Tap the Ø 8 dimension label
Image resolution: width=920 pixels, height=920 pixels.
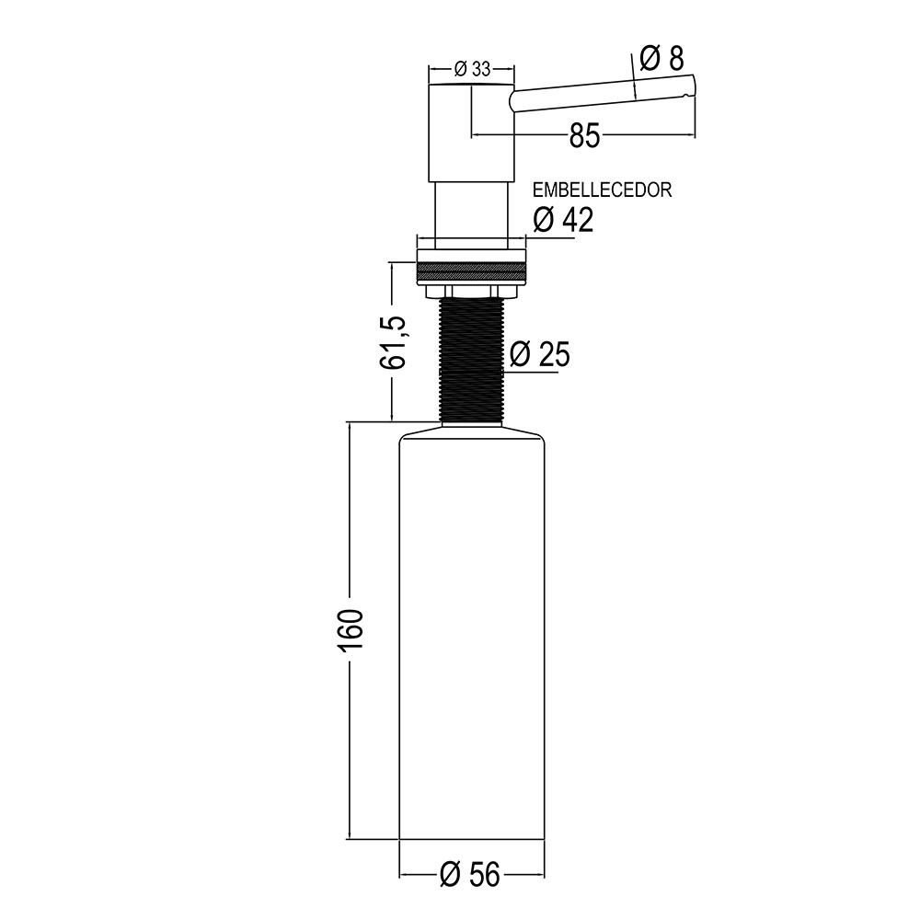[661, 59]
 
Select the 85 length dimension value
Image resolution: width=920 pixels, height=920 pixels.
[584, 136]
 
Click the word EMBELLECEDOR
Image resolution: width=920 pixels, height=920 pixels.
[603, 190]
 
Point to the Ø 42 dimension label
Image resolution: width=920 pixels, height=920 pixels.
[563, 219]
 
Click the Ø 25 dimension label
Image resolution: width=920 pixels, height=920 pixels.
[540, 354]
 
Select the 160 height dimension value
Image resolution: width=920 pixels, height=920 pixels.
[351, 629]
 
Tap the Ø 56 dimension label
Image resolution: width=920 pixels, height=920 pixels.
[470, 874]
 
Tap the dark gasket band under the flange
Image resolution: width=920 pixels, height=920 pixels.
[471, 272]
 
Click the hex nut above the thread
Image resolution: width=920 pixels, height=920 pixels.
[471, 292]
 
